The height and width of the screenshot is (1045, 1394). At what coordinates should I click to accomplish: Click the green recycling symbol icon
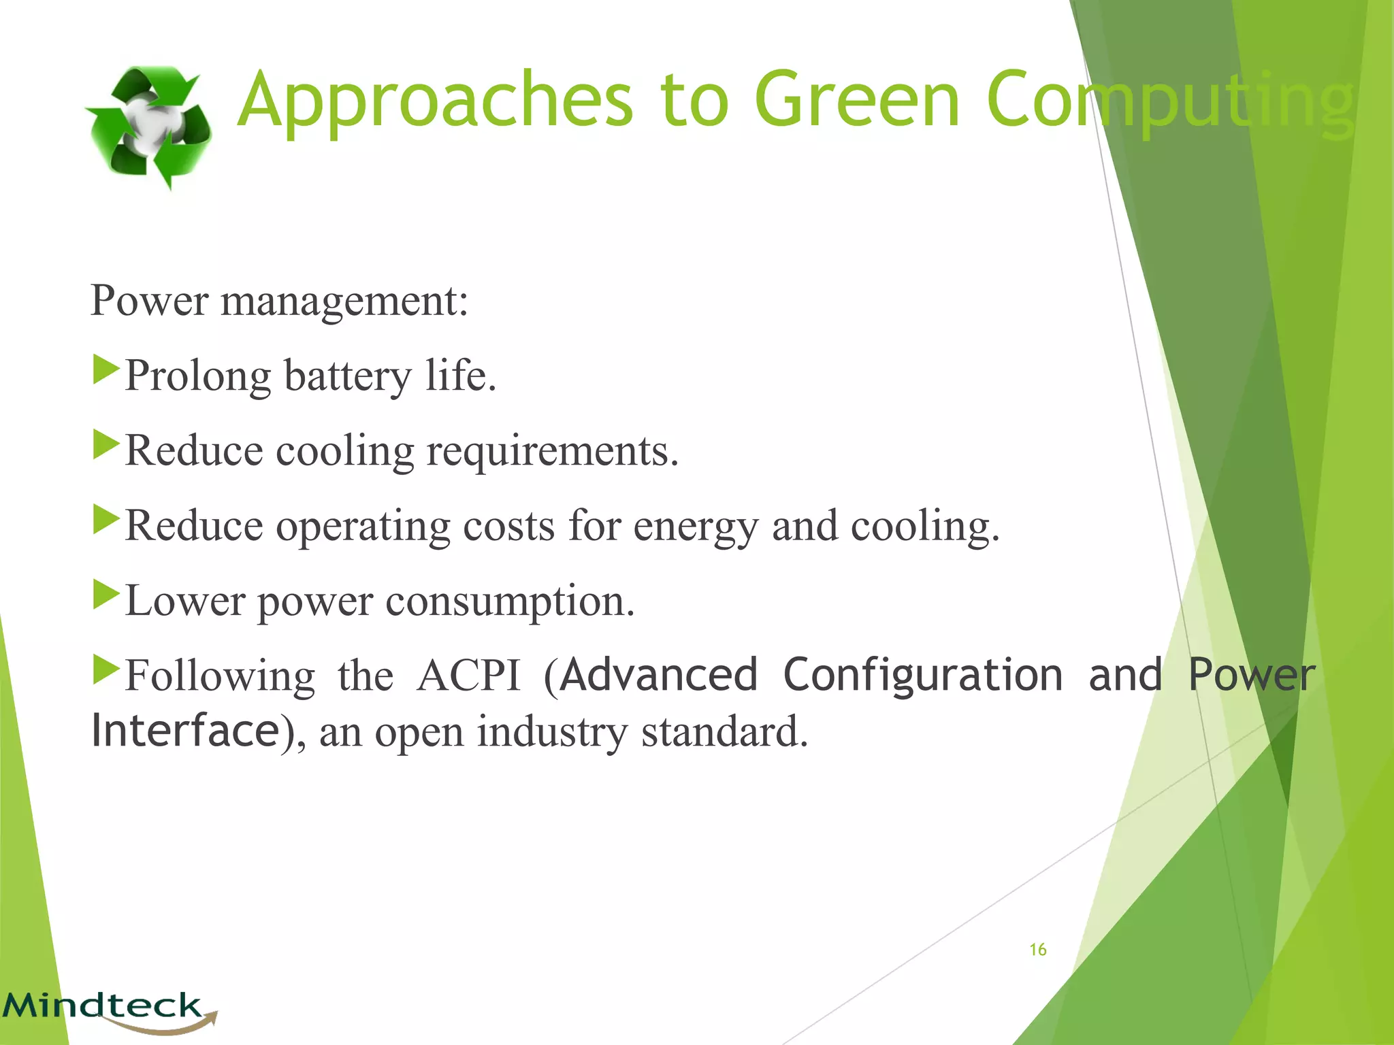(148, 127)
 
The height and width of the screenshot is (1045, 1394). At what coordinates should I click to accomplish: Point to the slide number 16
(1037, 950)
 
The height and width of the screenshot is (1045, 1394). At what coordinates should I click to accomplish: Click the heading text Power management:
(279, 301)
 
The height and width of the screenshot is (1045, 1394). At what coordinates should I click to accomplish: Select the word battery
(347, 377)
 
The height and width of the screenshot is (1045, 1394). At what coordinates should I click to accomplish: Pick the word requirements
(552, 452)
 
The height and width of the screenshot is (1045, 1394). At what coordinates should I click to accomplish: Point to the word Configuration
(922, 676)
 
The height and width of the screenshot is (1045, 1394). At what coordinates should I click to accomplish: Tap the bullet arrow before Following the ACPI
(106, 669)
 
